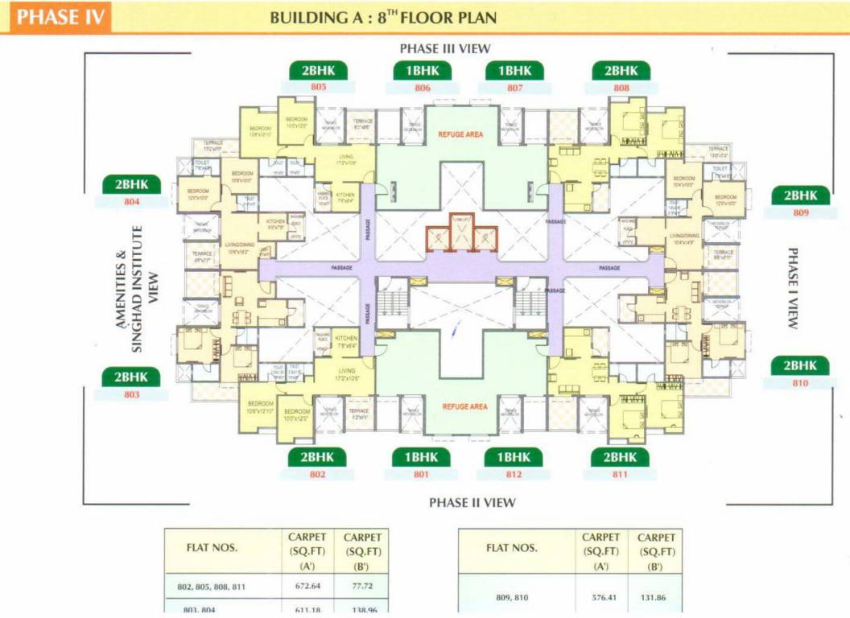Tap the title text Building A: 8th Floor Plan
tap(383, 17)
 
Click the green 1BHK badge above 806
tap(423, 71)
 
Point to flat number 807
tap(515, 87)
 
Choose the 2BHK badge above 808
tap(621, 71)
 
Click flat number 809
tap(799, 213)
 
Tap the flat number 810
tap(799, 383)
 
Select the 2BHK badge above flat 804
tap(131, 184)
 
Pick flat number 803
tap(131, 395)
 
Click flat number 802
tap(317, 475)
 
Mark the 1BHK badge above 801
tap(422, 457)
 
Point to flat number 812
tap(514, 475)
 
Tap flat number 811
tap(620, 475)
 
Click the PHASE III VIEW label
tap(445, 48)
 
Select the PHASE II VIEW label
tap(472, 503)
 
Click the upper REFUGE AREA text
tap(460, 134)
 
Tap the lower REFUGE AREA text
tap(464, 407)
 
